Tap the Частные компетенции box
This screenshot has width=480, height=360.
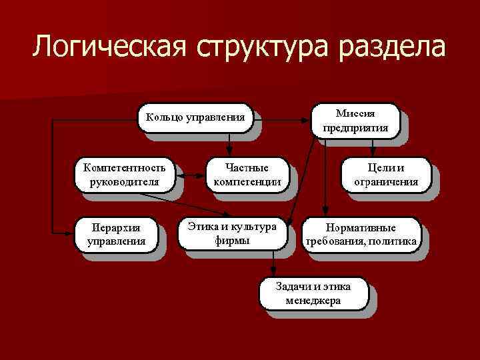[x=246, y=175]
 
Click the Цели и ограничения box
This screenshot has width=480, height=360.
[x=386, y=175]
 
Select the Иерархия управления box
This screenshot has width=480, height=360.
[x=116, y=234]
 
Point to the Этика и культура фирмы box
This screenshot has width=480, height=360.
[x=232, y=233]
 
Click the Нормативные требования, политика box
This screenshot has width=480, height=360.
[x=361, y=234]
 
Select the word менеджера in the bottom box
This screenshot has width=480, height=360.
[x=313, y=301]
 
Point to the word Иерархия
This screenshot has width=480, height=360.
[x=116, y=227]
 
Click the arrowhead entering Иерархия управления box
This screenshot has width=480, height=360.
[x=72, y=234]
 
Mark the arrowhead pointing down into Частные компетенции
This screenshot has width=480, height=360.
[x=229, y=152]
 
